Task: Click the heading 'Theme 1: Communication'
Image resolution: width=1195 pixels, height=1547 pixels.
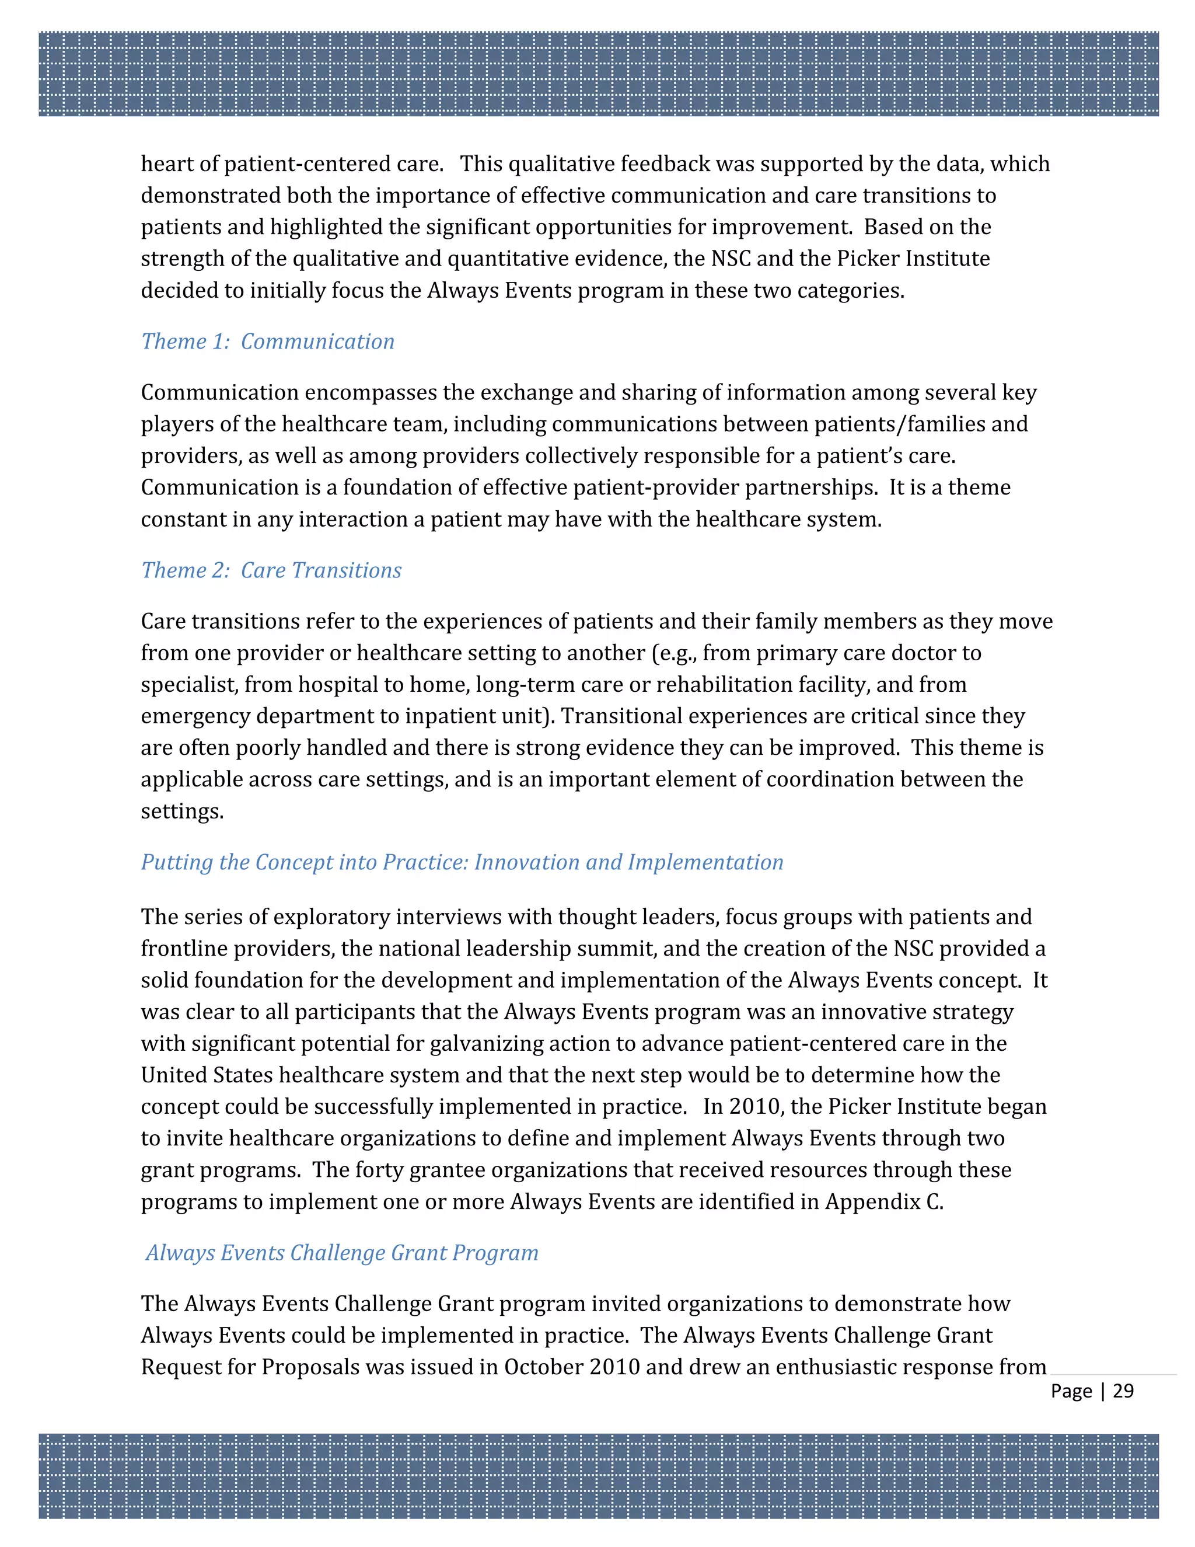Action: (x=268, y=342)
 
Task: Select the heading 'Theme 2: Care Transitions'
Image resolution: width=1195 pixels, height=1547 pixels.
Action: (x=271, y=570)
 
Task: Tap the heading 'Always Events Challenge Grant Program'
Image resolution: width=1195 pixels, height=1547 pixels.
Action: (x=342, y=1252)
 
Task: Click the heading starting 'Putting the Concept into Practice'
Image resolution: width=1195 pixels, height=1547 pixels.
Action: (x=462, y=862)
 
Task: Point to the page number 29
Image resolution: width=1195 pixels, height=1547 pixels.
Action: (x=1123, y=1391)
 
